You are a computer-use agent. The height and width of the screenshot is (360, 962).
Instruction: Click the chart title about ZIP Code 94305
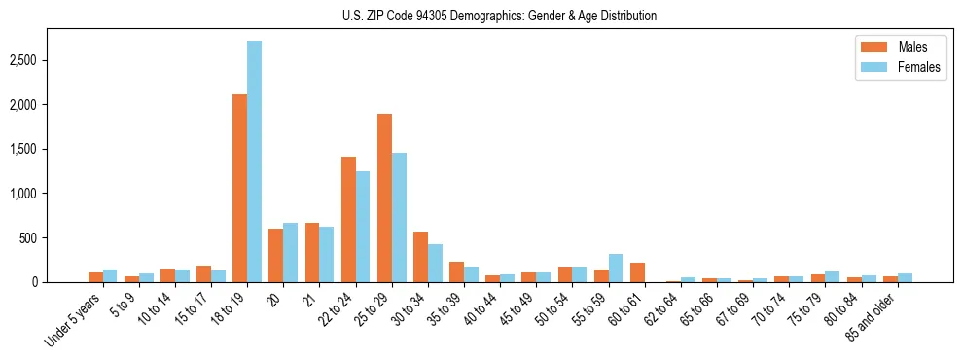(x=499, y=16)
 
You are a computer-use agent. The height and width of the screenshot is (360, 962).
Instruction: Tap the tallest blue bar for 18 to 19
(x=254, y=162)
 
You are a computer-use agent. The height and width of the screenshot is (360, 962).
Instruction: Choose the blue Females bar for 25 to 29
(x=400, y=217)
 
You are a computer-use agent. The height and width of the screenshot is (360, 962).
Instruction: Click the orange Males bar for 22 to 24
(x=348, y=219)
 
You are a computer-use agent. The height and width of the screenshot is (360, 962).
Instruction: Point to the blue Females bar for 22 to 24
(x=363, y=227)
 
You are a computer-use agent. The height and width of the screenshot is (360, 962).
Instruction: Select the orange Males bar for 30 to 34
(x=421, y=257)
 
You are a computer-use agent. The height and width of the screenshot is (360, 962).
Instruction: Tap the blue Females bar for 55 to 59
(x=616, y=269)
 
